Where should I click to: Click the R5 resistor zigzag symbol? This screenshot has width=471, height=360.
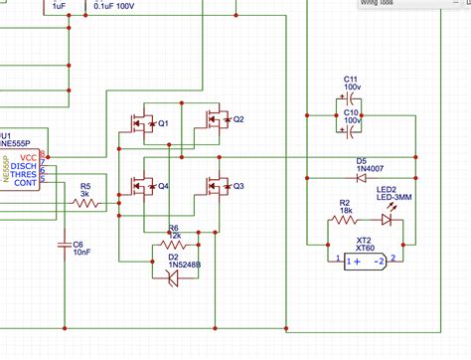86,204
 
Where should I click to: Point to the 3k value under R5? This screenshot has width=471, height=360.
85,194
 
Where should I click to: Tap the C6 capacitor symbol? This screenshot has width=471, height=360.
66,242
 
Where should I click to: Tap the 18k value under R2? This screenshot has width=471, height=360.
345,210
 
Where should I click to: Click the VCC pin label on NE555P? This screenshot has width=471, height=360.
29,156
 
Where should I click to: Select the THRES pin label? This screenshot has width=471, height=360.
24,174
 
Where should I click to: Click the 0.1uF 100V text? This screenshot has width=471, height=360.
113,5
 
